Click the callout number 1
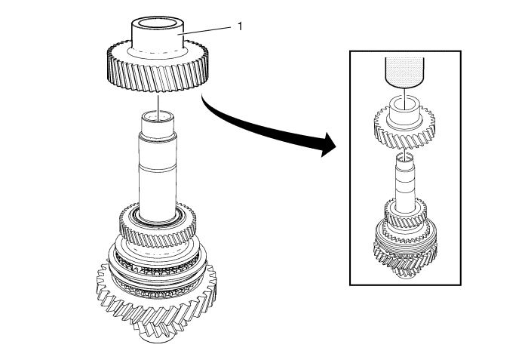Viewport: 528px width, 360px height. (240, 26)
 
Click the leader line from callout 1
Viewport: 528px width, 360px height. (207, 31)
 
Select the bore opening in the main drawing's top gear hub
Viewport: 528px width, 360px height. (156, 24)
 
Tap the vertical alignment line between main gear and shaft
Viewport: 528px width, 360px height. (156, 102)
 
